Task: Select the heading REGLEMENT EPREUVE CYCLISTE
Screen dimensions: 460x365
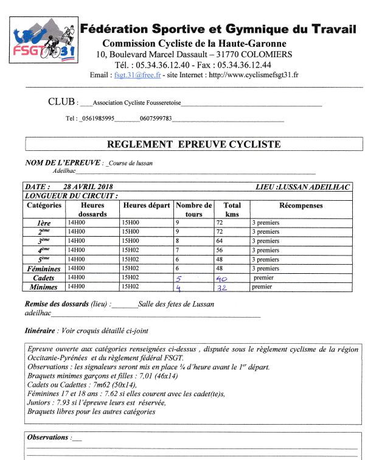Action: (193, 145)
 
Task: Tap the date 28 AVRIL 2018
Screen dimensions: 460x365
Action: (89, 187)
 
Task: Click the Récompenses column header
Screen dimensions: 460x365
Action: (301, 206)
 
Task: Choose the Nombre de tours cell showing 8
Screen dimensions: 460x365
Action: (178, 241)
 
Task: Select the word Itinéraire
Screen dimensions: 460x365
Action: (39, 331)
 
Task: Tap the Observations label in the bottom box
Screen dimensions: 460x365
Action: (48, 437)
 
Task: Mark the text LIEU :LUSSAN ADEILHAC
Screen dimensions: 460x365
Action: (303, 187)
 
